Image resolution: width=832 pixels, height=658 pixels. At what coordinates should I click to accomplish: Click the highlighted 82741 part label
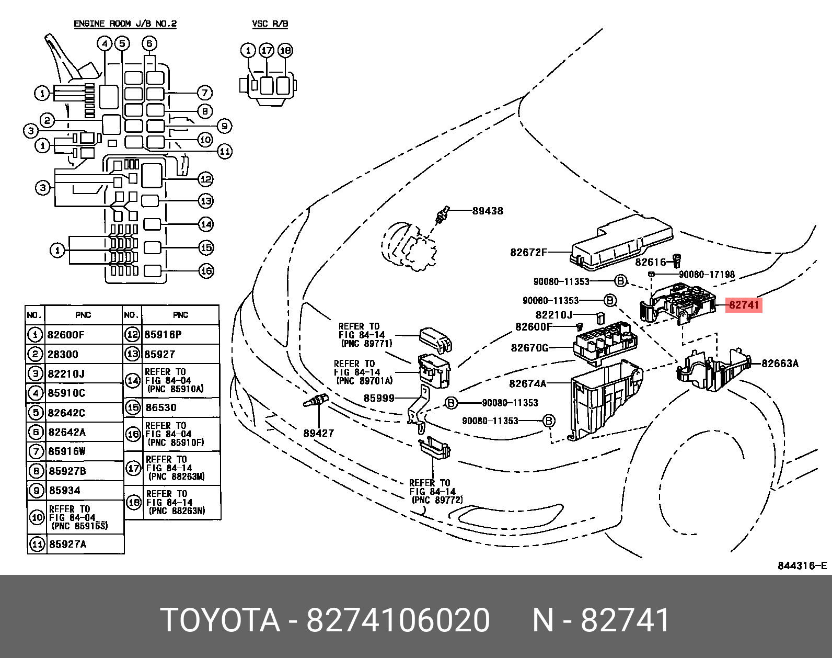click(744, 305)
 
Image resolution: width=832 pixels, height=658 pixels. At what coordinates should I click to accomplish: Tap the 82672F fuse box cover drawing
click(622, 243)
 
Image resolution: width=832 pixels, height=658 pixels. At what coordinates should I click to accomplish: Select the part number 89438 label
click(488, 211)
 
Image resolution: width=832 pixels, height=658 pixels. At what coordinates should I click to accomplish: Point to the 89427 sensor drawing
click(316, 401)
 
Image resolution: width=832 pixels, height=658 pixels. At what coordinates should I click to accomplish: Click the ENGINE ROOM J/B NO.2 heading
click(125, 24)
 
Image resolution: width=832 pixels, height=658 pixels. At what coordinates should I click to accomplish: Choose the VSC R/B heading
click(270, 24)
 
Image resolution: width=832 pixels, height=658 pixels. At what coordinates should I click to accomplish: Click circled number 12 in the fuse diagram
click(206, 179)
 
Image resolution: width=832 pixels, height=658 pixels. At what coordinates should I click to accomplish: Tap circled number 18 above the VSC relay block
click(285, 51)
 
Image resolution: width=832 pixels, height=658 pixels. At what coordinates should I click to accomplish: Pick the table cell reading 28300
click(63, 354)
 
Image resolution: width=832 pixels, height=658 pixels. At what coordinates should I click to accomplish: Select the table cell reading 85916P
click(163, 334)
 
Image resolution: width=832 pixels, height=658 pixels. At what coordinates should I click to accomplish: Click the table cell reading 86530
click(161, 407)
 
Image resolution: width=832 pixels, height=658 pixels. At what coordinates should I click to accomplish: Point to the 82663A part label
click(780, 364)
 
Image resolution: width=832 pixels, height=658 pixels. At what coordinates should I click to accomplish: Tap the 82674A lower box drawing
click(606, 401)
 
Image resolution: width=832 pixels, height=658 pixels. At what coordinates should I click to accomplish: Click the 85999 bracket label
click(379, 398)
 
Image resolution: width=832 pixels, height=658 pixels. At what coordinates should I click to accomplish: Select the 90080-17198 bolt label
click(707, 275)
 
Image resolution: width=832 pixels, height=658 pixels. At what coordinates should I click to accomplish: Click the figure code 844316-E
click(802, 565)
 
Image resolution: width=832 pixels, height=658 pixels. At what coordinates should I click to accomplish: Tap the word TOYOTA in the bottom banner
click(221, 620)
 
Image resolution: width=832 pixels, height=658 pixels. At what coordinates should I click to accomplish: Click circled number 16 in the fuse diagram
click(206, 271)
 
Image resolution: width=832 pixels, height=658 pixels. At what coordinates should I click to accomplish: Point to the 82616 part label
click(651, 262)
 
